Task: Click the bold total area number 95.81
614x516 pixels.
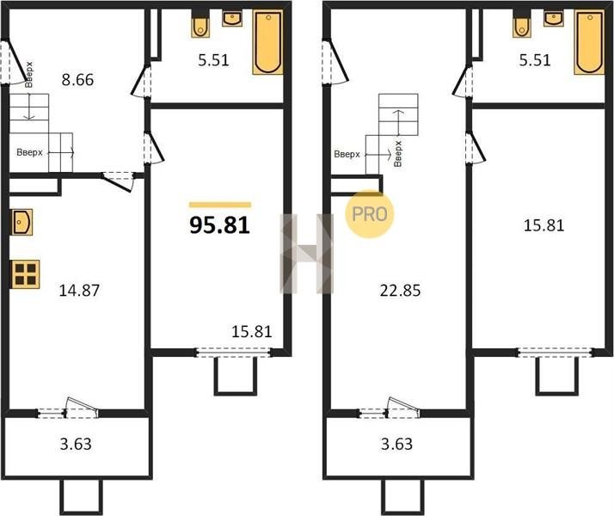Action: pos(219,225)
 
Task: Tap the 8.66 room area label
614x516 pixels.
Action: pos(78,80)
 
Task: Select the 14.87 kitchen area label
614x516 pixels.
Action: pos(79,291)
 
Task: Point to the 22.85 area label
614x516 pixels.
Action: pos(400,291)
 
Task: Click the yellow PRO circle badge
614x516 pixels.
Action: pos(369,214)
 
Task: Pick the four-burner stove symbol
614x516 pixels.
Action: pos(26,274)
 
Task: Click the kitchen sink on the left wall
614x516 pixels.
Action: pos(21,222)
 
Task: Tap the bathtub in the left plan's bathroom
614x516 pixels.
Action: pos(267,42)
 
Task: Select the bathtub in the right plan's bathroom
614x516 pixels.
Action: pos(589,42)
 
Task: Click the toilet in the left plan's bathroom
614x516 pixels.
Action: pos(200,26)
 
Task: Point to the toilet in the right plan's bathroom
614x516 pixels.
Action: pos(522,26)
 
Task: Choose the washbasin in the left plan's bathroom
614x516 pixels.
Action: pos(232,18)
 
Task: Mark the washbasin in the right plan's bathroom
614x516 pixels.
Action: pos(554,18)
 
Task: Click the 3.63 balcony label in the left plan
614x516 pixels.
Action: pos(76,445)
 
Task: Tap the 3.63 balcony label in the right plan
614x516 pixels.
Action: pos(396,445)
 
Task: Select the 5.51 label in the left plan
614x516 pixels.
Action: pos(213,60)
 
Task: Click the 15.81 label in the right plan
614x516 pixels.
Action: pos(543,225)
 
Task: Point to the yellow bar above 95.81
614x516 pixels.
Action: pos(220,205)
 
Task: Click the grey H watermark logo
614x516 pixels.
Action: pos(307,254)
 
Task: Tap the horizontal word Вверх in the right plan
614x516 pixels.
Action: pos(347,154)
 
